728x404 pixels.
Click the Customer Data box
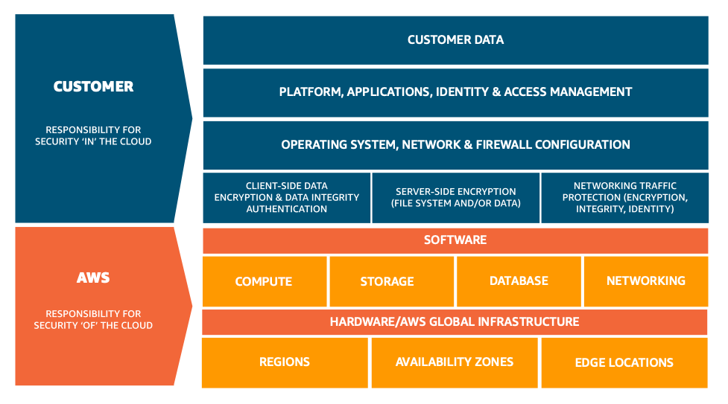point(455,40)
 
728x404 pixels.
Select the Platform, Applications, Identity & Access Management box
point(455,92)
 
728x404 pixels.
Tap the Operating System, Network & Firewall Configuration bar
point(455,145)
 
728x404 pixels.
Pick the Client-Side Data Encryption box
point(287,198)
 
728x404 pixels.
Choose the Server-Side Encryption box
point(456,198)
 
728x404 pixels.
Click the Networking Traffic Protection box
point(624,198)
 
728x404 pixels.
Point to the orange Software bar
point(455,240)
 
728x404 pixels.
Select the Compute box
point(264,281)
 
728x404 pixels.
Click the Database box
point(519,281)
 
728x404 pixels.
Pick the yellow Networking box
point(645,281)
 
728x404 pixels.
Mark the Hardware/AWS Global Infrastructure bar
point(455,322)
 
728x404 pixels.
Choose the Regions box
point(285,362)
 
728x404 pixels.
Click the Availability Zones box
point(455,362)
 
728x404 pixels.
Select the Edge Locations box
point(624,362)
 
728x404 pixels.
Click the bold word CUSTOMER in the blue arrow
point(94,87)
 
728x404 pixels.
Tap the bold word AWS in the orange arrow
point(94,278)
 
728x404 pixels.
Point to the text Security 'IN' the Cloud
point(93,141)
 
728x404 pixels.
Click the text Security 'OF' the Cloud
point(93,325)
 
